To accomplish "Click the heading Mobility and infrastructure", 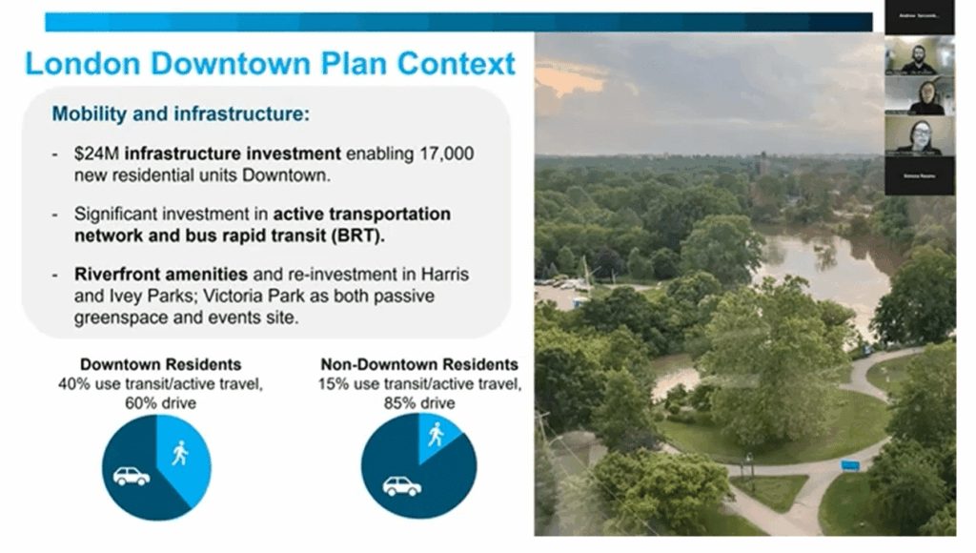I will click(180, 114).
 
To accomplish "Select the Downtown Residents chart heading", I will click(160, 364).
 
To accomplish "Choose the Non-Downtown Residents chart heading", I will click(419, 364).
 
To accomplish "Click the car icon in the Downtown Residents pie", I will click(132, 476).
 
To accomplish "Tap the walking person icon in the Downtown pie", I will click(179, 453).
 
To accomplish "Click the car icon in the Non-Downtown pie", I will click(401, 486).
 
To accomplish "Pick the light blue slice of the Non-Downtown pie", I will click(437, 435).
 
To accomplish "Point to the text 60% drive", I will click(160, 403).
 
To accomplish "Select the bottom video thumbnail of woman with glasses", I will click(919, 136).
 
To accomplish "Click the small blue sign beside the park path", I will click(850, 465).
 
